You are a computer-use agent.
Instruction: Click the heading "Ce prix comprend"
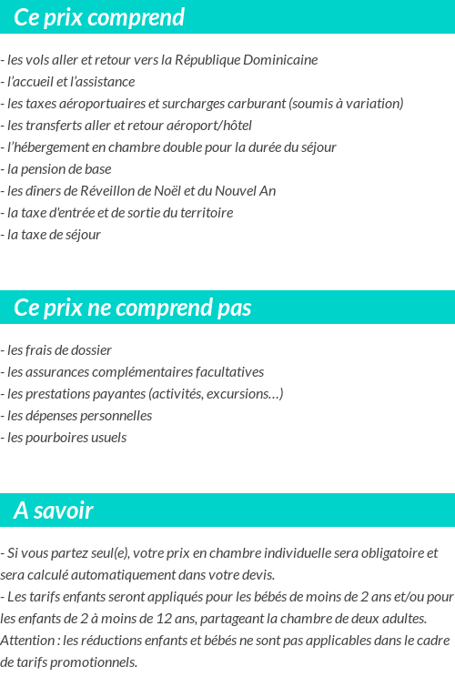point(99,17)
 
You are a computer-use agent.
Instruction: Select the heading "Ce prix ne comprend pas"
point(132,308)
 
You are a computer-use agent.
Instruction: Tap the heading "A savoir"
point(54,510)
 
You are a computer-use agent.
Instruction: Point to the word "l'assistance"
point(97,82)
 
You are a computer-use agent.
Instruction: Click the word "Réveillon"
point(107,191)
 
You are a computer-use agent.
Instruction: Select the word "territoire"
point(205,213)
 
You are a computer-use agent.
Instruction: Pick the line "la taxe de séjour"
point(52,235)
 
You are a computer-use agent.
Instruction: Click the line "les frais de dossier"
point(56,350)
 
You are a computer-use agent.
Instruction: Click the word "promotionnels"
point(91,662)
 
